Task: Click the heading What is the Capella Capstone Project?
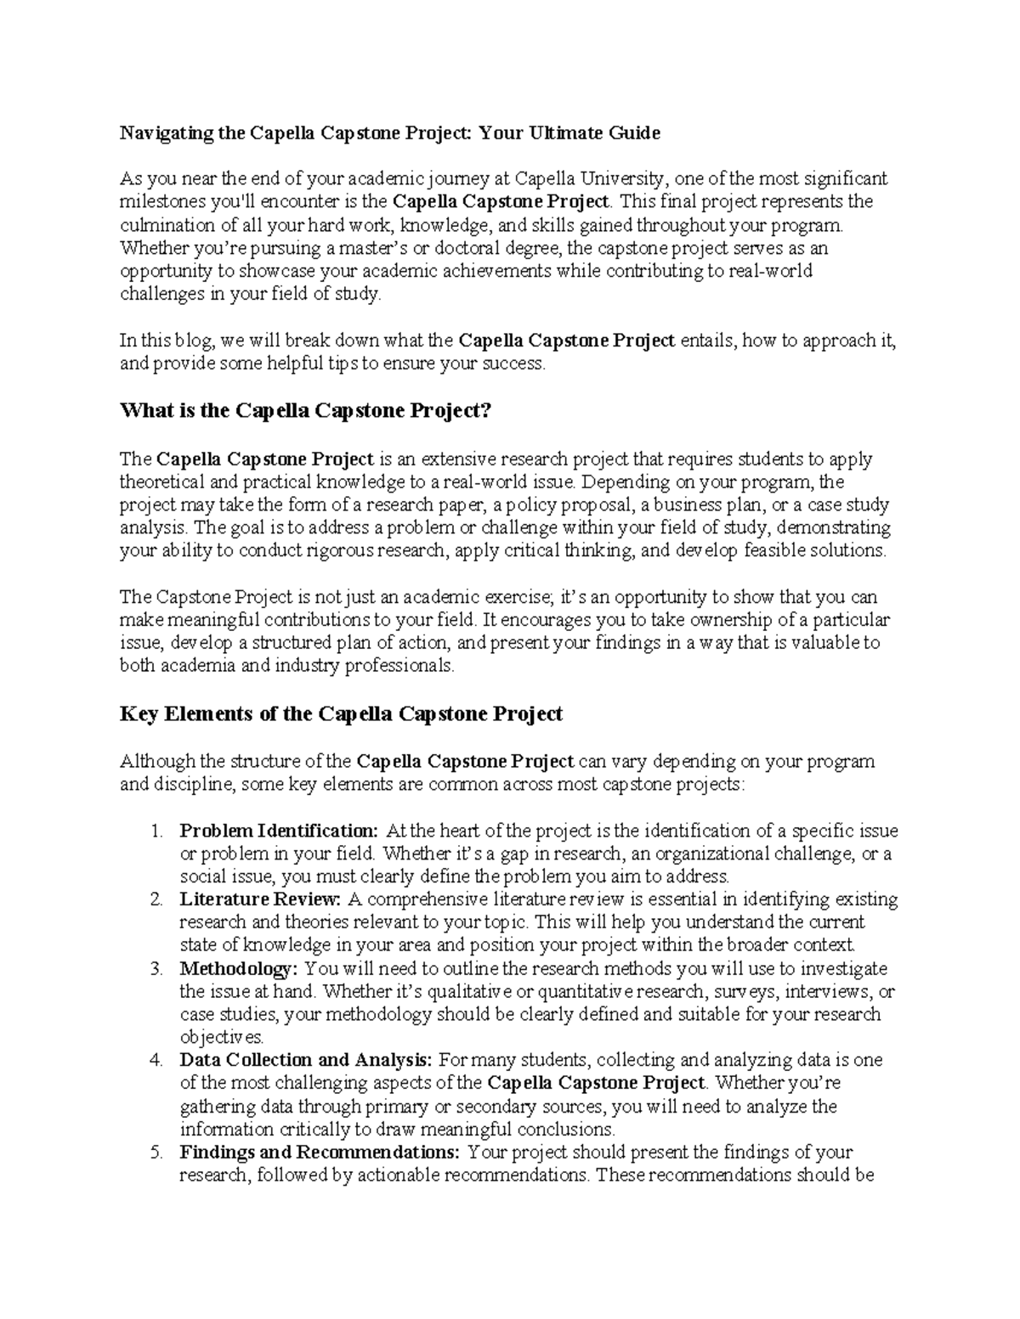(306, 411)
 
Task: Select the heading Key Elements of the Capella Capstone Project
(341, 714)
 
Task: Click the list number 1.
(156, 831)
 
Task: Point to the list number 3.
(156, 968)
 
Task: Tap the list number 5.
(156, 1153)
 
